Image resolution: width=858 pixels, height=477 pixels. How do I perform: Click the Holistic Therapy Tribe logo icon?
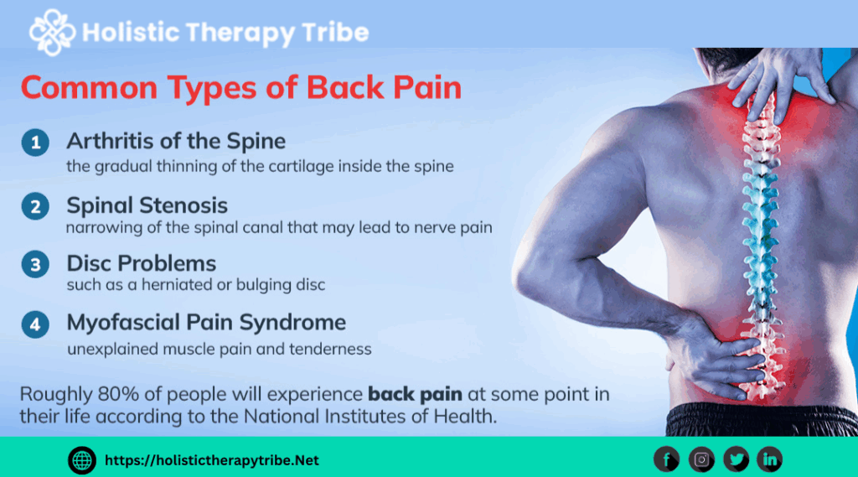tap(52, 32)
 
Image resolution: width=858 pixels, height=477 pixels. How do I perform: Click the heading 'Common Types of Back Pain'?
tap(240, 88)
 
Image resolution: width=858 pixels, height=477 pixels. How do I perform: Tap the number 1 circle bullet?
tap(35, 143)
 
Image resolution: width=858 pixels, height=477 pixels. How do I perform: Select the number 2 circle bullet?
tap(35, 206)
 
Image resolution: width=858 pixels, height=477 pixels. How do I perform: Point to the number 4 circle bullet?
tap(35, 324)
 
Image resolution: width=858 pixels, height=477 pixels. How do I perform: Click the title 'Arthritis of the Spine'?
tap(176, 140)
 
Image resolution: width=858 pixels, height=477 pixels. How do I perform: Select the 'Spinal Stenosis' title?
tap(147, 205)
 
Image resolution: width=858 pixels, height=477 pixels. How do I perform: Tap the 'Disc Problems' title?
tap(141, 263)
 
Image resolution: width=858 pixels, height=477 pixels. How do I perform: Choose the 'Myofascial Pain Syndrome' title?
tap(206, 322)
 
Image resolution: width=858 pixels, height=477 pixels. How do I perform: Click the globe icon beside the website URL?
tap(81, 459)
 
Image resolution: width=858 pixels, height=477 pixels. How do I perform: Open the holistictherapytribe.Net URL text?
tap(212, 460)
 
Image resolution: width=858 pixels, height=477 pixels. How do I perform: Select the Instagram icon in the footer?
tap(701, 459)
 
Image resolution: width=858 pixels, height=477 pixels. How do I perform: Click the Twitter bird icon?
tap(736, 459)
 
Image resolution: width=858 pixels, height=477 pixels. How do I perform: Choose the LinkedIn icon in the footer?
tap(769, 459)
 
